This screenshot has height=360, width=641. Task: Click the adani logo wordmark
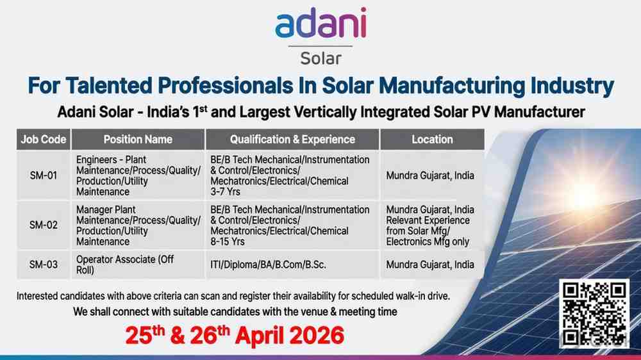click(320, 25)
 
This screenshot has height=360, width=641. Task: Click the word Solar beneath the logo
click(320, 58)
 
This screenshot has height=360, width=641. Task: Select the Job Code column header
click(44, 139)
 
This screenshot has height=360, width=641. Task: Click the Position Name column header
click(138, 139)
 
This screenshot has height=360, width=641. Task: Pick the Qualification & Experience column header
click(292, 139)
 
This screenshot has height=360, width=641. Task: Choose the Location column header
click(432, 139)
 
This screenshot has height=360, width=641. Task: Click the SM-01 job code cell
click(44, 176)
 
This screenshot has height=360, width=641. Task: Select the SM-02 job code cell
click(44, 225)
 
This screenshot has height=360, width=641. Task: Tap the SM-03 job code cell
click(44, 265)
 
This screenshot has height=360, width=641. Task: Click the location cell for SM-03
click(430, 265)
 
